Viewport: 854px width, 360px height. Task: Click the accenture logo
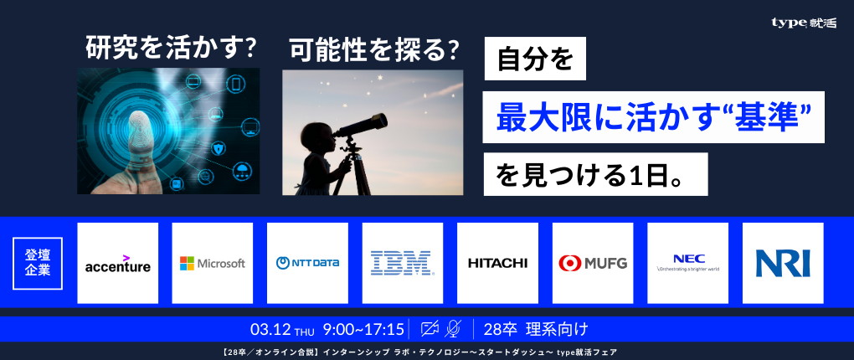(118, 264)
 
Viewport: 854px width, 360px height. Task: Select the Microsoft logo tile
(213, 264)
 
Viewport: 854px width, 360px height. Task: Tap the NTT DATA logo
(307, 264)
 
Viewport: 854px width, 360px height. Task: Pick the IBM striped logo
(403, 264)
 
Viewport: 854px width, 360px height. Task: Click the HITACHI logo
(497, 264)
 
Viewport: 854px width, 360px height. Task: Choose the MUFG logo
(593, 264)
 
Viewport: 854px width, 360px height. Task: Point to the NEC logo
(687, 264)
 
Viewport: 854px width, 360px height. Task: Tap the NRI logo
(783, 264)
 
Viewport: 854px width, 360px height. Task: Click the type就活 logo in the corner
(803, 23)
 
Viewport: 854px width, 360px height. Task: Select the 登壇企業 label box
(38, 263)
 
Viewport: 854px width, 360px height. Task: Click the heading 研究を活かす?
(171, 49)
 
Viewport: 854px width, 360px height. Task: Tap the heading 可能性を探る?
(374, 50)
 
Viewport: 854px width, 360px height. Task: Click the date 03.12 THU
(282, 328)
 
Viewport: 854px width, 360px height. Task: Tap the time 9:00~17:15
(363, 328)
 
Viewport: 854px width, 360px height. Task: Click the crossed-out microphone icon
(454, 328)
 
